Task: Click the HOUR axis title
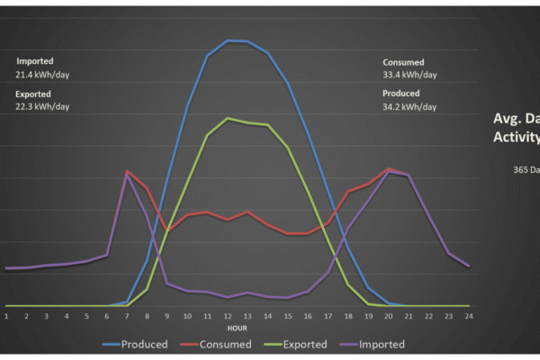tap(238, 328)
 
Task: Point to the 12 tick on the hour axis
tap(228, 316)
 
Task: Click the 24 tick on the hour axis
tap(469, 316)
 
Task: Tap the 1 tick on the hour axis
tap(6, 316)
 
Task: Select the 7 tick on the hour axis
tap(127, 316)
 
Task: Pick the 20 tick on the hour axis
tap(389, 316)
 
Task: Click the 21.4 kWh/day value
tap(42, 76)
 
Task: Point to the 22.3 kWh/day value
tap(42, 106)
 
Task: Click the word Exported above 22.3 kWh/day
tap(34, 94)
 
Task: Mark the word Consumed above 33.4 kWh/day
tap(403, 62)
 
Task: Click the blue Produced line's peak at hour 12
tap(228, 40)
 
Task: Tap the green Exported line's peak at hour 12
tap(228, 118)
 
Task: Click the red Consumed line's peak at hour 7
tap(127, 171)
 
